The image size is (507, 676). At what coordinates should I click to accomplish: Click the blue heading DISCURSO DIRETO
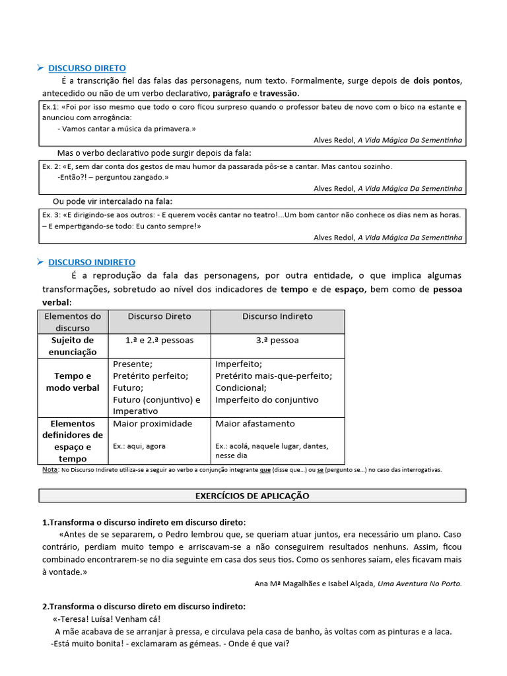click(86, 68)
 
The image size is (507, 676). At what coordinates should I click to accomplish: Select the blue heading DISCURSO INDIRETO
click(91, 262)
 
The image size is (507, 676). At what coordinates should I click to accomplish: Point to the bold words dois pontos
click(438, 81)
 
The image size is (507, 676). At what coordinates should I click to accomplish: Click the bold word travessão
click(279, 93)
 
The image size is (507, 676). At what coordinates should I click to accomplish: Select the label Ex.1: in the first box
click(50, 106)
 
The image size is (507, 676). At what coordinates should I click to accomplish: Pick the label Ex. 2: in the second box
click(51, 166)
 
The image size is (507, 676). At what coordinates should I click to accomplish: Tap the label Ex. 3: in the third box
click(51, 215)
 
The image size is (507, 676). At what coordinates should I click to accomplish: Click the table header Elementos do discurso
click(73, 322)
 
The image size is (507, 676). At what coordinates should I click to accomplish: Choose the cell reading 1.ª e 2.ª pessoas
click(159, 340)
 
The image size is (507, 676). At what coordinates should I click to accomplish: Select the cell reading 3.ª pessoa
click(277, 340)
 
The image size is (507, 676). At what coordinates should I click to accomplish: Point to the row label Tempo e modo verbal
click(73, 382)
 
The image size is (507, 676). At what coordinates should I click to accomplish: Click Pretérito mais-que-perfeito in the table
click(273, 376)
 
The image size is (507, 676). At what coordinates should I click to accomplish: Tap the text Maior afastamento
click(255, 423)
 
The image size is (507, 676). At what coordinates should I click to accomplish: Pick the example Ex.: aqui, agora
click(139, 446)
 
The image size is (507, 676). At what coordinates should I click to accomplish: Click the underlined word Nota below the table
click(50, 469)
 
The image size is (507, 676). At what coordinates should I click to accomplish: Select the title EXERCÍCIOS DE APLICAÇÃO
click(252, 495)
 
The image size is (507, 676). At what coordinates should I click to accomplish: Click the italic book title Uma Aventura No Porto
click(420, 584)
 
